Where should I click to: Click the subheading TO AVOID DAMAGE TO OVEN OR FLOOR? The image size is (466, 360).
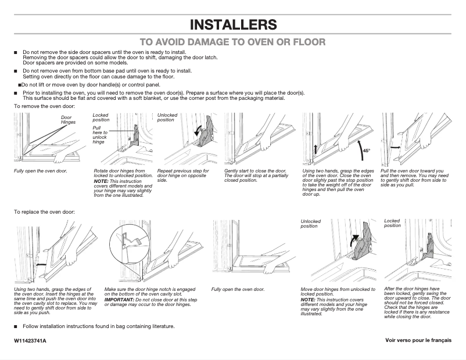point(233,42)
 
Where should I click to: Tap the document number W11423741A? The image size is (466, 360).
point(30,339)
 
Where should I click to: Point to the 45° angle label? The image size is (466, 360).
point(366,151)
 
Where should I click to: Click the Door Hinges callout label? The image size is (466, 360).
point(69,120)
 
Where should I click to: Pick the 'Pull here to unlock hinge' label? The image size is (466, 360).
point(100,134)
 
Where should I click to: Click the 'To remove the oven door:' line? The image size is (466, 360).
point(44,107)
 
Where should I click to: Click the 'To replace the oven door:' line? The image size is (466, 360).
point(44,212)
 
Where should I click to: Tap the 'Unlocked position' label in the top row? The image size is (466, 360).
point(167,117)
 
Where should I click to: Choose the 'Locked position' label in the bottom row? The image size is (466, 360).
point(392,223)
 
